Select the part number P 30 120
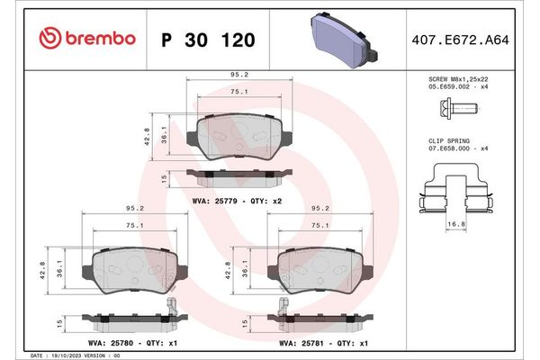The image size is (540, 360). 207,40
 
